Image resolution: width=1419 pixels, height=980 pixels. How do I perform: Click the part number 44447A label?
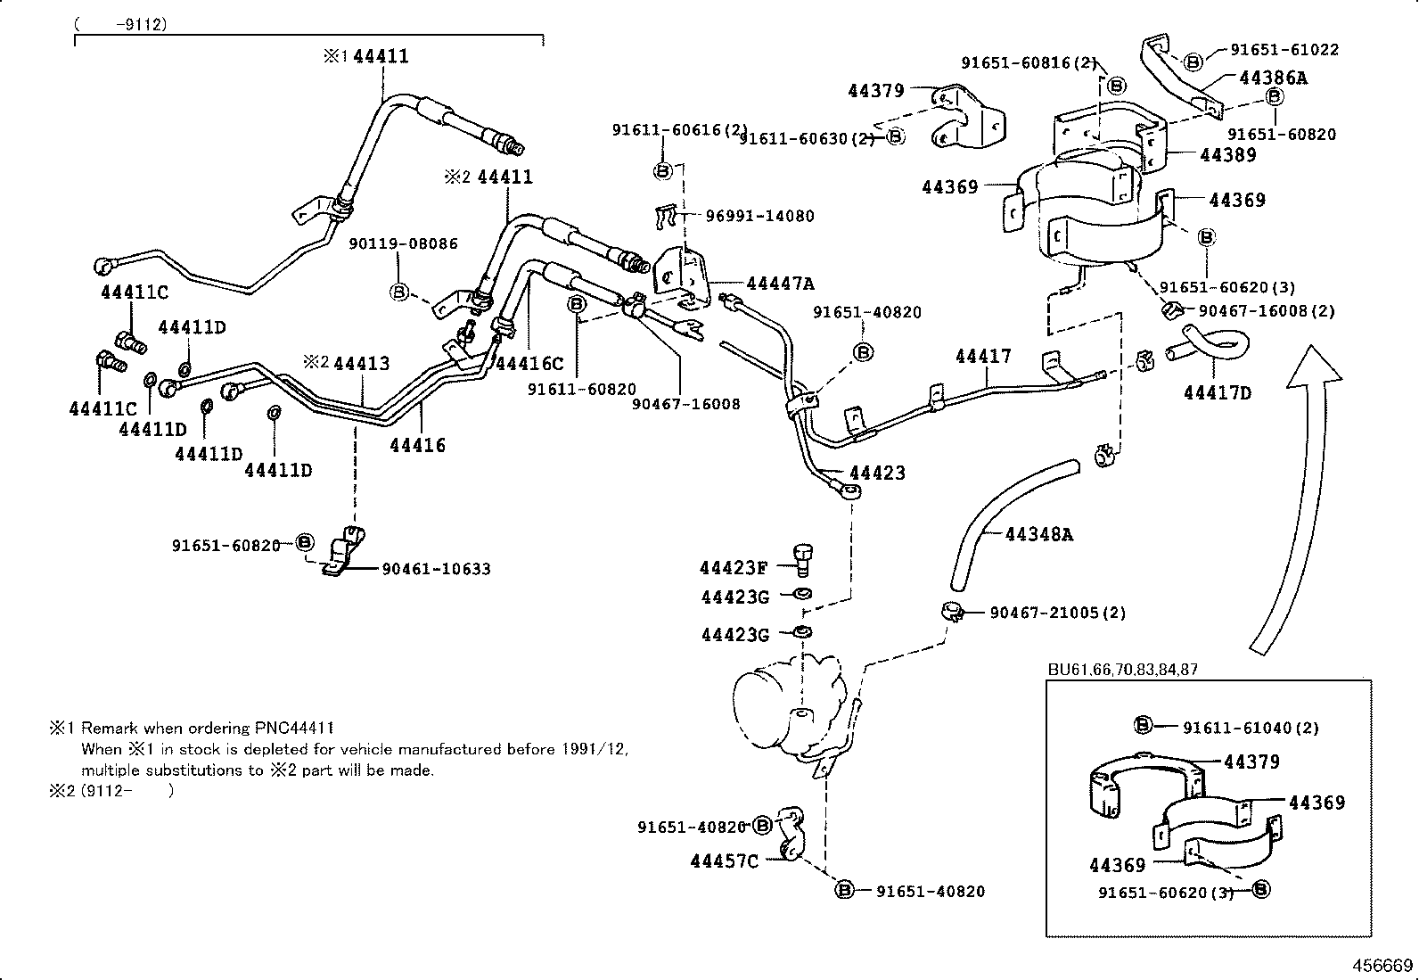tap(780, 284)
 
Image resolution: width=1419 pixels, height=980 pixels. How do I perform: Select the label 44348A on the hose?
tap(1038, 534)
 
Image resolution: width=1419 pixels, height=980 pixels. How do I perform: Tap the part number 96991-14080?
tap(759, 216)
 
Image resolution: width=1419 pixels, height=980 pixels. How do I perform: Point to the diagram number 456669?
tap(1380, 966)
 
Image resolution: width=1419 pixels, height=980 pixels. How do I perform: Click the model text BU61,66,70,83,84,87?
tap(1122, 670)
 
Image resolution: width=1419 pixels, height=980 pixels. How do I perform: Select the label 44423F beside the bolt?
tap(733, 567)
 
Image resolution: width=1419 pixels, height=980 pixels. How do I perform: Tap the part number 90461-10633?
tap(436, 569)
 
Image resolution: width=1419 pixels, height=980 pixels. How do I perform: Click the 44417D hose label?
tap(1218, 392)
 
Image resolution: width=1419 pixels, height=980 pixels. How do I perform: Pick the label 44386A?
tap(1273, 78)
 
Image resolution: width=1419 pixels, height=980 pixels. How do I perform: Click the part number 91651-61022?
tap(1284, 50)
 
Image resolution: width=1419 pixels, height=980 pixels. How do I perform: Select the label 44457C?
tap(724, 861)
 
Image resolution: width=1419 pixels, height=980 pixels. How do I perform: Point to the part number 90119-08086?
tap(403, 243)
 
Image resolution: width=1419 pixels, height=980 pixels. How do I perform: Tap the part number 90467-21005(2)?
tap(1057, 613)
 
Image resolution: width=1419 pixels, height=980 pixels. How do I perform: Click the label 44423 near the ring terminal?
tap(877, 473)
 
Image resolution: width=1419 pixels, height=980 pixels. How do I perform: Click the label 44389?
tap(1227, 154)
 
